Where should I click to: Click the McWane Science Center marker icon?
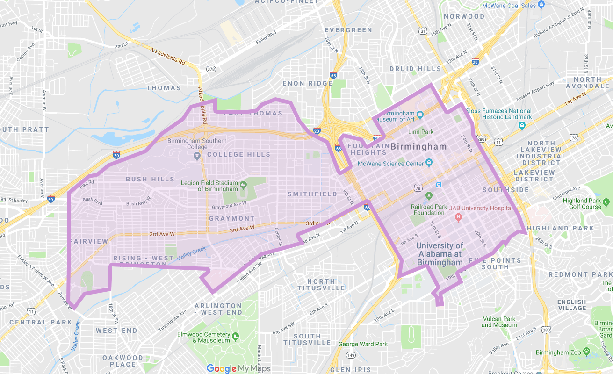429,163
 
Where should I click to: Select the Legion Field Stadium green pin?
243,186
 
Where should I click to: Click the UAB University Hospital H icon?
458,217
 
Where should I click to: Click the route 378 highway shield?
211,70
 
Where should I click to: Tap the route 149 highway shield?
351,356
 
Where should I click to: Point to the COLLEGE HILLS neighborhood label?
238,154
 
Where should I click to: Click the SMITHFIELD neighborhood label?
312,194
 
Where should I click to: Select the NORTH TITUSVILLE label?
321,285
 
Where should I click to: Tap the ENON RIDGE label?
307,84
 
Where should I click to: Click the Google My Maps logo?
238,368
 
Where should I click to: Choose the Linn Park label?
421,132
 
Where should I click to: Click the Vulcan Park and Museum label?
499,322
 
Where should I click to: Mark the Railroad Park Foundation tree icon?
429,194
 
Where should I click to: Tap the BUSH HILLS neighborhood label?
150,179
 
